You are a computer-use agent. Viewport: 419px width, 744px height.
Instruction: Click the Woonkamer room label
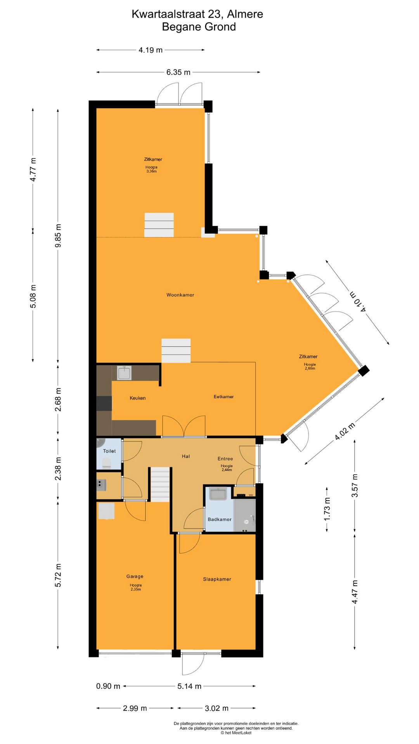(180, 295)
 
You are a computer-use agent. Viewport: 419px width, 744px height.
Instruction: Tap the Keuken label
(138, 398)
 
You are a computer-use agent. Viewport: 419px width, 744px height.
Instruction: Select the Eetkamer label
(224, 397)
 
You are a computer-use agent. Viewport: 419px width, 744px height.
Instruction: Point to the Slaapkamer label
(217, 579)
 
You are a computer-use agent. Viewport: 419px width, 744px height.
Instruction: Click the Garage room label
(135, 577)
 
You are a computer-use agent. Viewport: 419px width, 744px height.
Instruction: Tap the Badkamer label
(220, 520)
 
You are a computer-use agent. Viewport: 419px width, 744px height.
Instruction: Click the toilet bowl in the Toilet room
(106, 462)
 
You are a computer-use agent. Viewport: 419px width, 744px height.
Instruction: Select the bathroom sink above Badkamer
(218, 494)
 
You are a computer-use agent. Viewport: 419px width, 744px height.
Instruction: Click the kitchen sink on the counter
(125, 373)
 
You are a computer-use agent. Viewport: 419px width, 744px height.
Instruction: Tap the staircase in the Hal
(160, 484)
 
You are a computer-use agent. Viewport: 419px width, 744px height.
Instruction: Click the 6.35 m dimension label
(178, 72)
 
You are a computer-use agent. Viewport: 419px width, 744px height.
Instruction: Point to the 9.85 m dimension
(58, 236)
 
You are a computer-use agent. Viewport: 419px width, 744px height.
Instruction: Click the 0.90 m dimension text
(108, 686)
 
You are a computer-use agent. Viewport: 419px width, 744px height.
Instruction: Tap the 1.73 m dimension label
(327, 509)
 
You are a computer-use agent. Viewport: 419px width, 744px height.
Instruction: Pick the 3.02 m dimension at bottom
(216, 708)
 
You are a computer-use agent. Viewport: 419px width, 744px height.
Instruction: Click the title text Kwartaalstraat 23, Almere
(197, 14)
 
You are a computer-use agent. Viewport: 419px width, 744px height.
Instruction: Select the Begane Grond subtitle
(199, 27)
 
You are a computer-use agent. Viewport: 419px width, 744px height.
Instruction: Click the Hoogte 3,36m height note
(151, 169)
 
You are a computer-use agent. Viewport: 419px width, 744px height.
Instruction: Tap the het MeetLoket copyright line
(236, 733)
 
